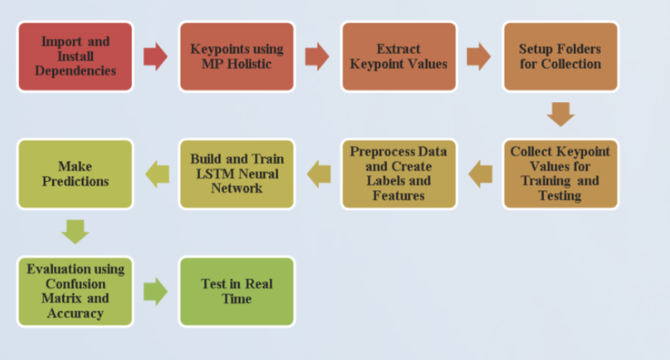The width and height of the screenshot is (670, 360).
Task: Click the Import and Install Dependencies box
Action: (75, 56)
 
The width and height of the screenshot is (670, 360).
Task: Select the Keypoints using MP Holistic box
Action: (237, 56)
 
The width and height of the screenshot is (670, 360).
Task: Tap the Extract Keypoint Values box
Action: (399, 56)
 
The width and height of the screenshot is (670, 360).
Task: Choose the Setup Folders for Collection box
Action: (560, 56)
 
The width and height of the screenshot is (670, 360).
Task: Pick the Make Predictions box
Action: (75, 174)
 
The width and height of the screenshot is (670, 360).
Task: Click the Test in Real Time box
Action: (237, 292)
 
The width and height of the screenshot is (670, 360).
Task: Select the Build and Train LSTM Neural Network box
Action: (237, 174)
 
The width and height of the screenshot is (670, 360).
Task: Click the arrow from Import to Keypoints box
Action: (156, 56)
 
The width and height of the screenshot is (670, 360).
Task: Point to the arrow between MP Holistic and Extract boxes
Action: (317, 56)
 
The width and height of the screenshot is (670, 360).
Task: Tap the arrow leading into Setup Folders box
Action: (478, 56)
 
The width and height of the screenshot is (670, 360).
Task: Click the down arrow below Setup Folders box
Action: (561, 114)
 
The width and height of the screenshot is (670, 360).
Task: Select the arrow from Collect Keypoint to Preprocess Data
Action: (480, 174)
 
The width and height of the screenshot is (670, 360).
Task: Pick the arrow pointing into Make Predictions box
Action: (157, 174)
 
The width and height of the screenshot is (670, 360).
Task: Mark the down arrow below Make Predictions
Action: (75, 232)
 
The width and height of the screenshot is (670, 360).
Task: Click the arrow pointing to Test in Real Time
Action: (156, 292)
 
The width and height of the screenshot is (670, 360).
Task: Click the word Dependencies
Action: (75, 71)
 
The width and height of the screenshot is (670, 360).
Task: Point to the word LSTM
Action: (214, 174)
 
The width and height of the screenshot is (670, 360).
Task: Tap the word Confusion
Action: (75, 284)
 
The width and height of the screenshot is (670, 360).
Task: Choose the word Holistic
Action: (249, 64)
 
